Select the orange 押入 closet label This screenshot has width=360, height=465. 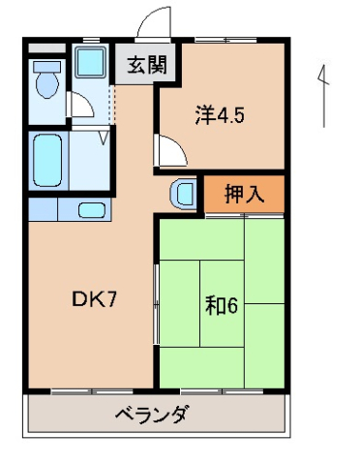pyautogui.click(x=245, y=192)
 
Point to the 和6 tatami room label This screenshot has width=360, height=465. pyautogui.click(x=221, y=305)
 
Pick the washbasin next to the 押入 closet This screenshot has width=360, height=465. pyautogui.click(x=182, y=192)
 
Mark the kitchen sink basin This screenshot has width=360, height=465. pyautogui.click(x=91, y=209)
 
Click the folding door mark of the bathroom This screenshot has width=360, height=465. pyautogui.click(x=102, y=139)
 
